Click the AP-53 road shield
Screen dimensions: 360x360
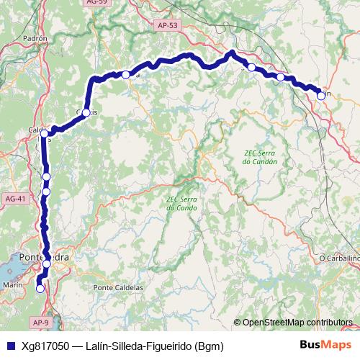coord(166,25)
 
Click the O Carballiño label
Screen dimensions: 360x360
coord(338,258)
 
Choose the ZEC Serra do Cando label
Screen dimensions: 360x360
coord(181,203)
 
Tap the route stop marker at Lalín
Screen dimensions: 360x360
coord(320,95)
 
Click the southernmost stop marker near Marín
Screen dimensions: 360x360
coord(40,288)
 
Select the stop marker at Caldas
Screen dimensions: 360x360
coord(45,133)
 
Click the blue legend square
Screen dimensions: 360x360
coord(9,346)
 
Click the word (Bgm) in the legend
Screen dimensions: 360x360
coord(209,346)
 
